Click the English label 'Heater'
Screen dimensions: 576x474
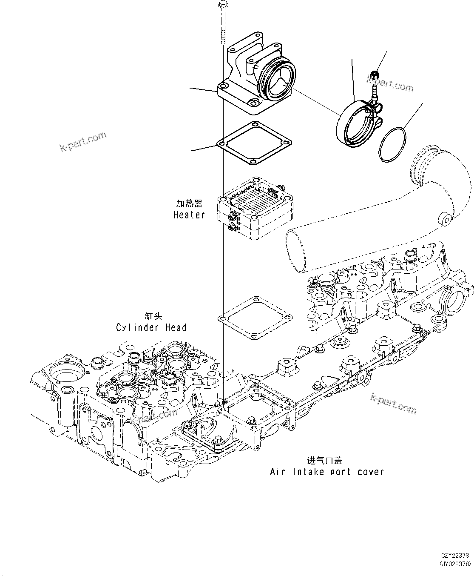(x=189, y=215)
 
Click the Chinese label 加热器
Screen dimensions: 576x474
(x=190, y=203)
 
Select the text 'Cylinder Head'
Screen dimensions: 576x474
(x=151, y=327)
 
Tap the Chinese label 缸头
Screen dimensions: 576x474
(x=153, y=316)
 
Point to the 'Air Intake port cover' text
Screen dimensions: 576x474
(x=327, y=472)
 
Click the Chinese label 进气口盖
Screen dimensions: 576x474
(x=324, y=460)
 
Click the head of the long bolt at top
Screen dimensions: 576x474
(x=222, y=5)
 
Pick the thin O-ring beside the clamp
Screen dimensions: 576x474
(x=392, y=144)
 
